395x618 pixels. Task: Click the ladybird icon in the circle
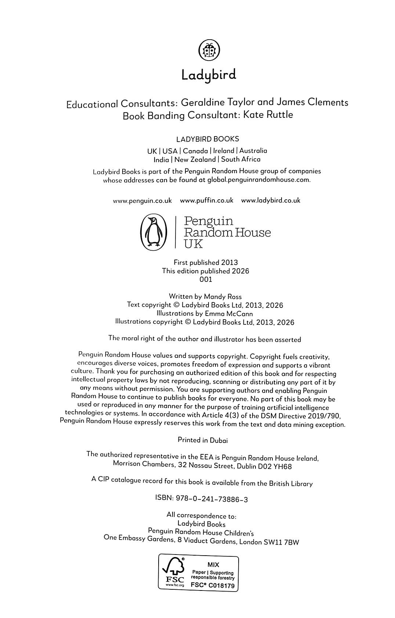tap(209, 50)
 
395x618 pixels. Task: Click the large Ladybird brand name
tap(209, 75)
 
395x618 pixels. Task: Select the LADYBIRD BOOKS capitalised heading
tap(207, 139)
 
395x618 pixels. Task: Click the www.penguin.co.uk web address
tap(142, 200)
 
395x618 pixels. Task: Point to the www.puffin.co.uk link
tap(207, 200)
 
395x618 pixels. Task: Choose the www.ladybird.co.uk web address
tap(271, 200)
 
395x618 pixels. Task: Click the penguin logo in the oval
tap(154, 233)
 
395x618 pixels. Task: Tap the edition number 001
tap(206, 279)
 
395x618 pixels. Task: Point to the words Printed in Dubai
tap(203, 440)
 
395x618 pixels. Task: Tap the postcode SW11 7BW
tap(281, 542)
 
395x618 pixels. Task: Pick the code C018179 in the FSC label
tap(221, 586)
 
